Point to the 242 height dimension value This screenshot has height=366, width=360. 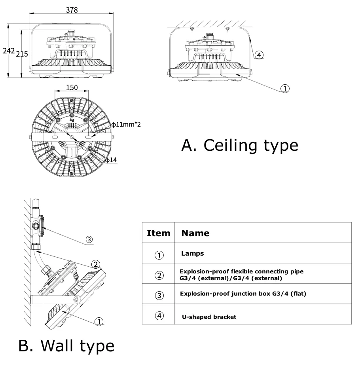(x=8, y=51)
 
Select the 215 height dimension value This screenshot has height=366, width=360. (x=22, y=53)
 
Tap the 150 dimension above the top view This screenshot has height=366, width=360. (x=72, y=87)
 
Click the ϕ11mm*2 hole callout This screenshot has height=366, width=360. (x=126, y=124)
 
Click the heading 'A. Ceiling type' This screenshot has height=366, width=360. (x=239, y=145)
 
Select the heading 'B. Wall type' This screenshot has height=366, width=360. (x=66, y=345)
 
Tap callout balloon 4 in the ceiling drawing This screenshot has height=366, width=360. (x=258, y=55)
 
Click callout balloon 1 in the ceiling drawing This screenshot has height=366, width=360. (x=285, y=88)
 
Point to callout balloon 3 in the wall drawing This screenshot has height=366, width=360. (x=89, y=239)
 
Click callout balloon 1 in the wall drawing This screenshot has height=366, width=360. (x=99, y=321)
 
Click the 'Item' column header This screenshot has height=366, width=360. (x=158, y=233)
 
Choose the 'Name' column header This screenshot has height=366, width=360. (x=195, y=233)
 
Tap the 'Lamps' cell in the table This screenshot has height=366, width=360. (x=192, y=254)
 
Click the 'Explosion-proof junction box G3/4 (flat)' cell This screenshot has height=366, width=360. (x=243, y=294)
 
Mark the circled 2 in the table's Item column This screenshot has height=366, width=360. (x=159, y=275)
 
